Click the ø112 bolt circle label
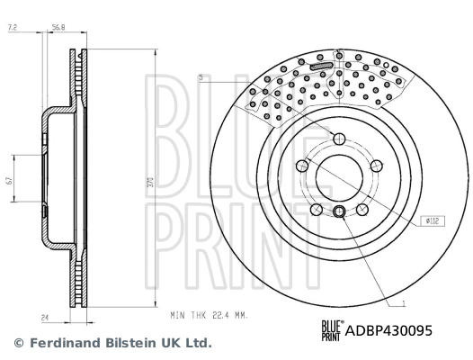(x=432, y=220)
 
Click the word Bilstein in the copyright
(x=132, y=343)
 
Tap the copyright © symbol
(x=18, y=343)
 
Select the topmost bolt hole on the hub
(x=339, y=138)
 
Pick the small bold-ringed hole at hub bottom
(x=339, y=211)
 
